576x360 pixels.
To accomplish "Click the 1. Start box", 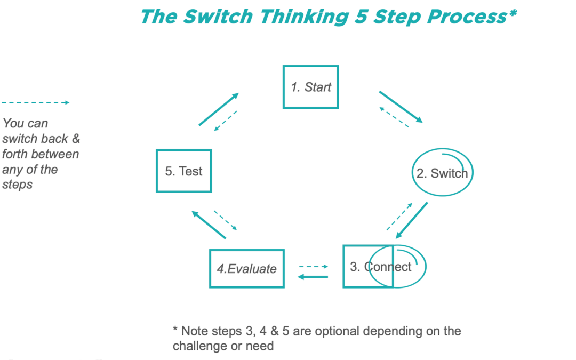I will point(310,87).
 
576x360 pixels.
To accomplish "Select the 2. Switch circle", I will point(442,173).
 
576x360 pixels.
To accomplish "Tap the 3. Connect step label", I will point(381,267).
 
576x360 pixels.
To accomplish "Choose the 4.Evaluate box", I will point(246,269).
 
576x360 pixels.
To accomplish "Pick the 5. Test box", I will point(183,171).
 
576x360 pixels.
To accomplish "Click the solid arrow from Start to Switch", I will point(401,107).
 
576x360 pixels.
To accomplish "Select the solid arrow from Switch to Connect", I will point(412,220).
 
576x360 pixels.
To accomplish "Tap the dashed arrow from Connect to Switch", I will point(399,217).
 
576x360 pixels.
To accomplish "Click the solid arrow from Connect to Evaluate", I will point(313,276).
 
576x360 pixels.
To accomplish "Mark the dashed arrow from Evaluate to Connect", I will point(313,266).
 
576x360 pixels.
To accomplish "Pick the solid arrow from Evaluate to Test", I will point(209,223).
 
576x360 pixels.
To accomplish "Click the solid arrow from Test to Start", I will point(218,109).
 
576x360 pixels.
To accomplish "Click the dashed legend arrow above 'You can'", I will point(35,102).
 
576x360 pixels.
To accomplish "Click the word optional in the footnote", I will point(337,331).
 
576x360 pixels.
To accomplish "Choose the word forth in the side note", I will point(17,154).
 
